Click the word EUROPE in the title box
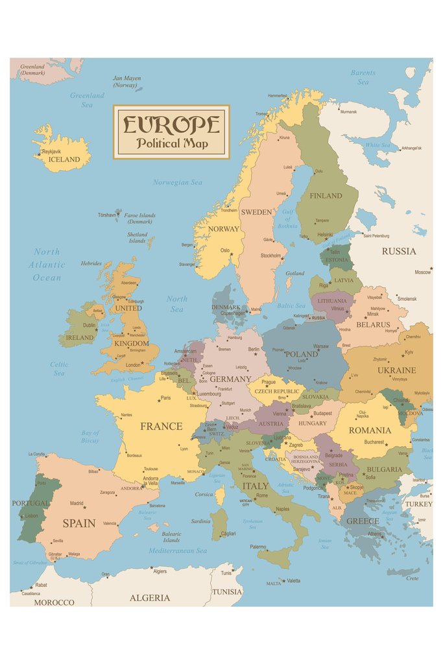tap(171, 124)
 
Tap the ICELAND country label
tap(64, 160)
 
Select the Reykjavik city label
tap(51, 152)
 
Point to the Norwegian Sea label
tap(177, 183)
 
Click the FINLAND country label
tap(326, 196)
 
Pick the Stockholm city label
tap(270, 255)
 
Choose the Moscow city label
tap(423, 272)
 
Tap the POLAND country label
tap(302, 355)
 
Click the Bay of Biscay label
tap(90, 437)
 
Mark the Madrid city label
tap(77, 503)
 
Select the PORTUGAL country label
tap(30, 503)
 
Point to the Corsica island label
tap(204, 494)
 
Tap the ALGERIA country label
tap(150, 598)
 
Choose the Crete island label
tap(413, 578)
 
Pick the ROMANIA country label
tap(370, 431)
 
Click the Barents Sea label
tap(363, 77)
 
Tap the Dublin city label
tap(89, 326)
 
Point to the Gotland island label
tap(294, 274)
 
